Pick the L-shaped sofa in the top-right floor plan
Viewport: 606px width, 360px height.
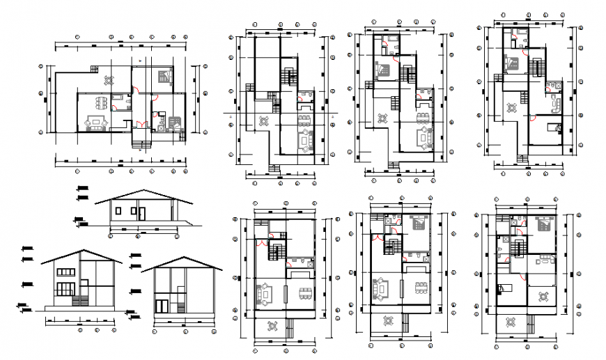coord(556,105)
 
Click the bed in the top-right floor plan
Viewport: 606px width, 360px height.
coord(513,63)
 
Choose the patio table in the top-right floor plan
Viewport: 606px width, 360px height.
coord(511,107)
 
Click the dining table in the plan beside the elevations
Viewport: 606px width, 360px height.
coord(304,291)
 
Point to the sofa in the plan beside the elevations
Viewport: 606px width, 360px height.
coord(265,292)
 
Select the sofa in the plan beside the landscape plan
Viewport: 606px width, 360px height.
coord(304,140)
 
